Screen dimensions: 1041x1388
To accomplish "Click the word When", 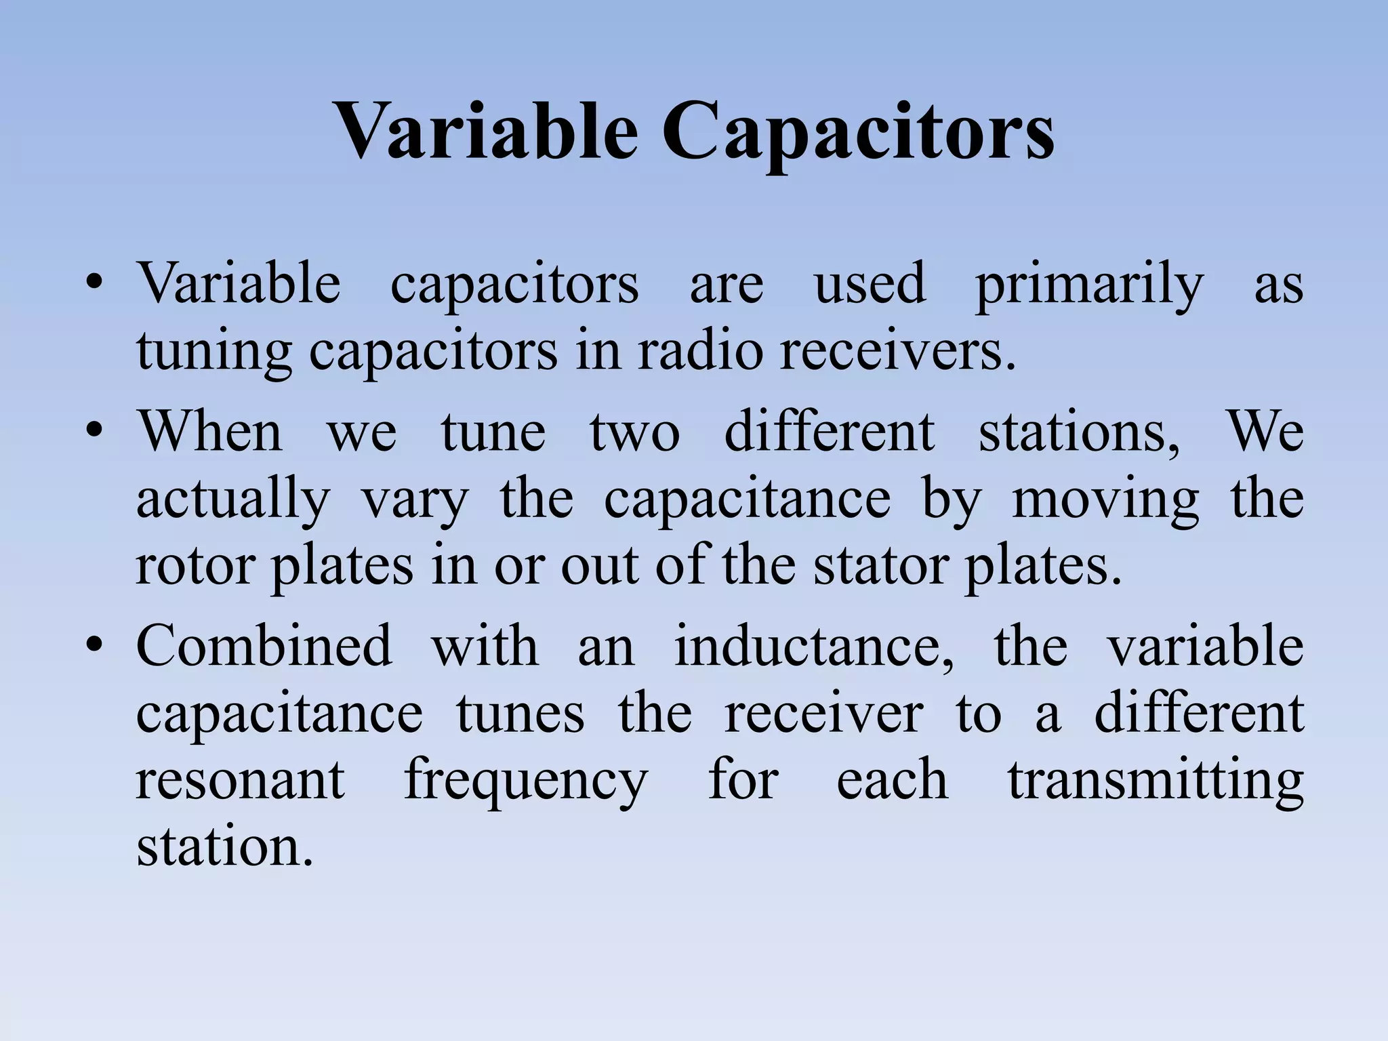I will coord(210,432).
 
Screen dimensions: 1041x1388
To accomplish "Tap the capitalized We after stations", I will coord(1265,432).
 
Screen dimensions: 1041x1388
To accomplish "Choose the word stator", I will coord(880,566).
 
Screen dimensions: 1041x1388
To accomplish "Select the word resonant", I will coord(241,781).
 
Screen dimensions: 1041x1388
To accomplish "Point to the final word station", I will coord(224,847).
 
